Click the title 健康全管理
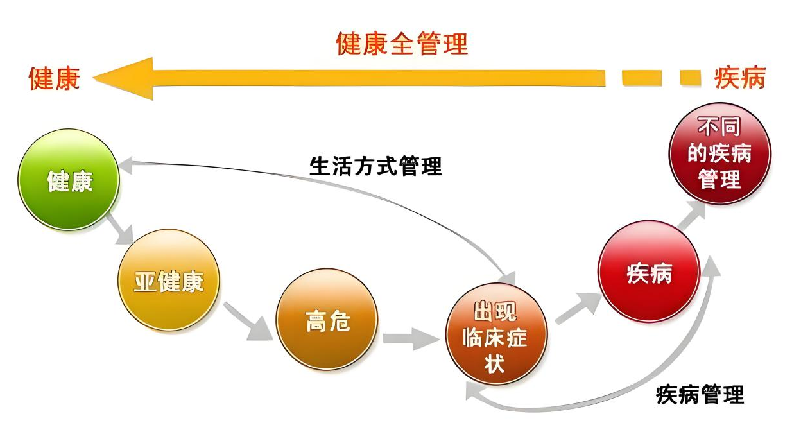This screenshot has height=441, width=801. click(x=402, y=44)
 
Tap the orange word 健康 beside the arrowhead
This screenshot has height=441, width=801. click(x=55, y=78)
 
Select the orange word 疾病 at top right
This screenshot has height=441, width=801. click(x=740, y=78)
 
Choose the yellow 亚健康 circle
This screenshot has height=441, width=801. click(x=169, y=281)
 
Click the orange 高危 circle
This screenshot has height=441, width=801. click(x=327, y=319)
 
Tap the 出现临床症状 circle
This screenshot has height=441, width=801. click(x=496, y=337)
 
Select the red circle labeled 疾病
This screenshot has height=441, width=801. click(x=649, y=272)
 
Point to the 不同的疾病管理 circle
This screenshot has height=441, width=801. click(x=719, y=154)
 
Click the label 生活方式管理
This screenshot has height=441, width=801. click(x=376, y=166)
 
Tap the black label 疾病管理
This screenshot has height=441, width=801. click(x=700, y=393)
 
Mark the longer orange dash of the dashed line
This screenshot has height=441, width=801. click(x=642, y=78)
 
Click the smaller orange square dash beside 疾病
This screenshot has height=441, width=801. click(x=690, y=78)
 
